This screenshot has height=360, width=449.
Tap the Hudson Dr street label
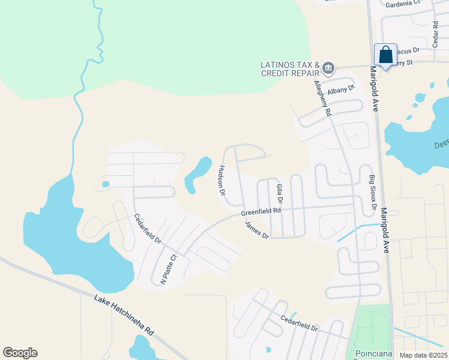(221, 181)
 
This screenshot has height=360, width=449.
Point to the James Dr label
(256, 230)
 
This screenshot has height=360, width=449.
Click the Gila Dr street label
(279, 193)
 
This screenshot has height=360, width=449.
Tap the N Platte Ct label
(168, 269)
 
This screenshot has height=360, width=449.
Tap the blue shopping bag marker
(385, 55)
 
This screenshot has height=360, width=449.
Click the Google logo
(20, 353)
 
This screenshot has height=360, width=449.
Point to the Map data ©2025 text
(423, 355)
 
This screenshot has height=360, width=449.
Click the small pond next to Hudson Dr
(198, 173)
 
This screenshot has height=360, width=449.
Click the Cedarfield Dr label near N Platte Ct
(148, 229)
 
